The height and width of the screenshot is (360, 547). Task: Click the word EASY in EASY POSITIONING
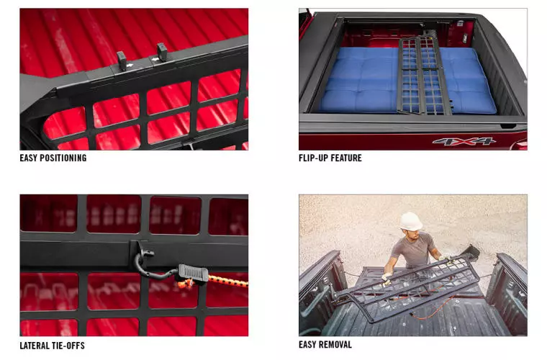[x=28, y=158]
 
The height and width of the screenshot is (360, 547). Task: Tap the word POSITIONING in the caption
[x=63, y=158]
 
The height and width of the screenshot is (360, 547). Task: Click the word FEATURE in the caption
[x=346, y=158]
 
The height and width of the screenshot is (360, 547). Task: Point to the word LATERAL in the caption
[x=35, y=346]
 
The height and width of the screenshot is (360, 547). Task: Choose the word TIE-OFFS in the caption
[x=68, y=346]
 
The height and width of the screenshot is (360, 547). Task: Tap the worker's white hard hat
[x=411, y=222]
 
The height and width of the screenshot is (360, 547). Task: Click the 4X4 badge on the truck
[x=464, y=141]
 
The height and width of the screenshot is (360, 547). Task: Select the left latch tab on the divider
[x=122, y=60]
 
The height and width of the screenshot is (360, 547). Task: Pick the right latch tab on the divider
[x=162, y=52]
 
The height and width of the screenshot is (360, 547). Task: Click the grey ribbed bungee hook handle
[x=194, y=272]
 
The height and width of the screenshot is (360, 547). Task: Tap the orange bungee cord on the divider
[x=227, y=281]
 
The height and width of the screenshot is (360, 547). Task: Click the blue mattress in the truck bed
[x=407, y=81]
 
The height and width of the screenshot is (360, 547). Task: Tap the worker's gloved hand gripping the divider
[x=386, y=278]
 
